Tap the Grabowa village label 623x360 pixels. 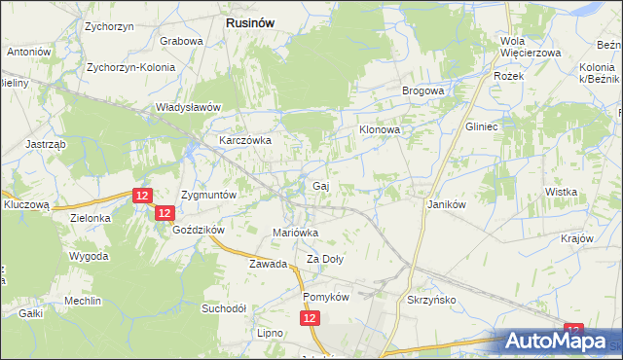pyautogui.click(x=181, y=42)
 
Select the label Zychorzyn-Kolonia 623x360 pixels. pyautogui.click(x=130, y=68)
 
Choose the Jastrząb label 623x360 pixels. pyautogui.click(x=46, y=143)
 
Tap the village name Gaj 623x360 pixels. pyautogui.click(x=318, y=185)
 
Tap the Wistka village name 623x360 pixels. pyautogui.click(x=562, y=192)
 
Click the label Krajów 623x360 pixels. pyautogui.click(x=577, y=238)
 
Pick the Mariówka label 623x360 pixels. pyautogui.click(x=295, y=233)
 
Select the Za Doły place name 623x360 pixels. pyautogui.click(x=325, y=259)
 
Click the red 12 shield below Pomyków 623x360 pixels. pyautogui.click(x=310, y=318)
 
